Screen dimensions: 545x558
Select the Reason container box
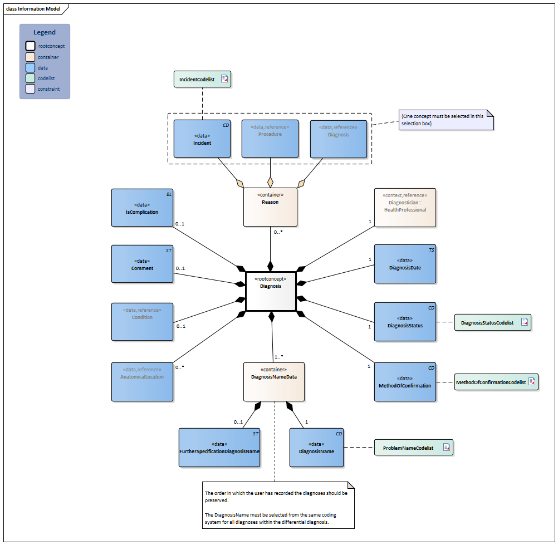click(270, 207)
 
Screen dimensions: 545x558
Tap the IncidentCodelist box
click(202, 80)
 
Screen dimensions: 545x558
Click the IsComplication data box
click(142, 208)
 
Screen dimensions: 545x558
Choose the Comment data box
click(142, 264)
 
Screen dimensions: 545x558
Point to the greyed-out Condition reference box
click(142, 321)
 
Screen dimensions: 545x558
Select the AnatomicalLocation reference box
click(142, 381)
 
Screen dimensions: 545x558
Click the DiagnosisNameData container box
click(273, 381)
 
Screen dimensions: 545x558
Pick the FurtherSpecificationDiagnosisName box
click(220, 447)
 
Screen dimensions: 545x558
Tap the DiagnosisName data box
click(316, 447)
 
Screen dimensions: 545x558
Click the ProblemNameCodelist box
click(413, 448)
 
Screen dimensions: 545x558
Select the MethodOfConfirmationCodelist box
click(496, 382)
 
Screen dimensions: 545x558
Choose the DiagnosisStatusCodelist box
click(492, 322)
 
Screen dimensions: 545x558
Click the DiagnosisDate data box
click(405, 264)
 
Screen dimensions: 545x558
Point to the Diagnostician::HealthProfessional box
click(405, 207)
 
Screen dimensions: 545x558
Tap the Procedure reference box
click(270, 139)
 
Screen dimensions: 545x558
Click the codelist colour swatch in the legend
click(31, 78)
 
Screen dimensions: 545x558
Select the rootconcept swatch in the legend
click(31, 46)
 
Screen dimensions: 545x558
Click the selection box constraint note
click(446, 120)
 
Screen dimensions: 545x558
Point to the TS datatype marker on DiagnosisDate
click(431, 251)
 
